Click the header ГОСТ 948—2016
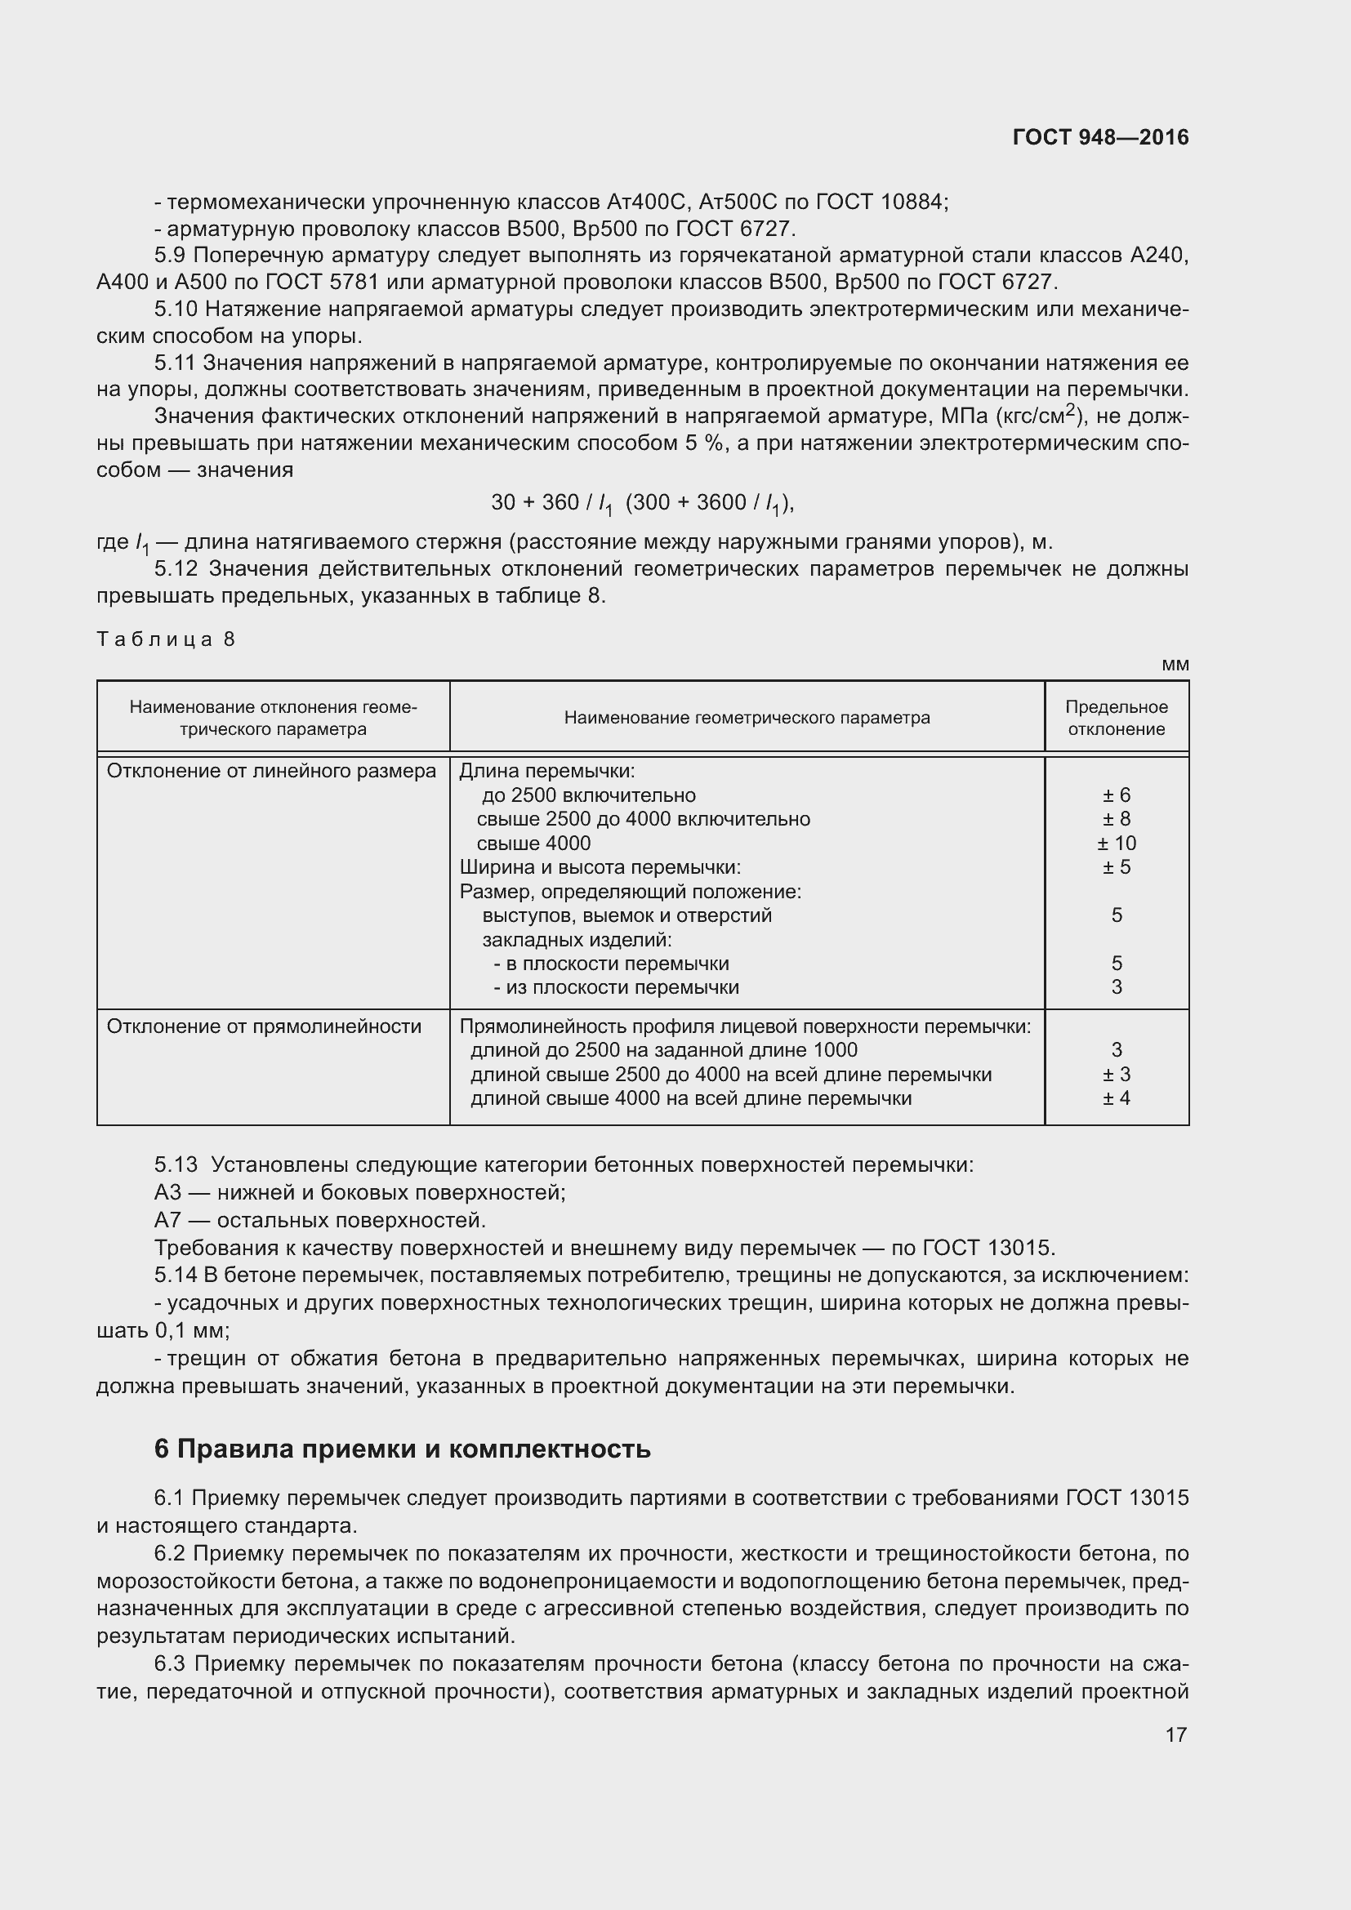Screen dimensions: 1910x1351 tap(1099, 137)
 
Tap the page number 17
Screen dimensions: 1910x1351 tap(1175, 1734)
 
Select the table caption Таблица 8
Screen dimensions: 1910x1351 tap(167, 639)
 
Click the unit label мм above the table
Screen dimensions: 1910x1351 tap(1175, 665)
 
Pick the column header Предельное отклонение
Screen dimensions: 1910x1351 tap(1117, 718)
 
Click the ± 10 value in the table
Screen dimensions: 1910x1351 tap(1117, 844)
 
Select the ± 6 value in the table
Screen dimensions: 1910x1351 tap(1117, 795)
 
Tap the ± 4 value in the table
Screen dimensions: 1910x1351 tap(1117, 1098)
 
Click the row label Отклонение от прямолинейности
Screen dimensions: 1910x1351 tap(264, 1026)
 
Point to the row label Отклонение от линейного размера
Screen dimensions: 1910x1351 tap(271, 771)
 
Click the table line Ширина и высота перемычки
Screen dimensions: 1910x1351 tap(600, 868)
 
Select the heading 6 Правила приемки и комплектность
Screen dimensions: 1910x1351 tap(402, 1449)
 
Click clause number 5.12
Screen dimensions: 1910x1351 tap(176, 569)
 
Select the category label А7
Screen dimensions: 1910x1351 tap(167, 1220)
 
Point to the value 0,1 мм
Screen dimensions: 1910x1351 tap(191, 1330)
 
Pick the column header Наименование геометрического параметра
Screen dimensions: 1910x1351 tap(747, 718)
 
